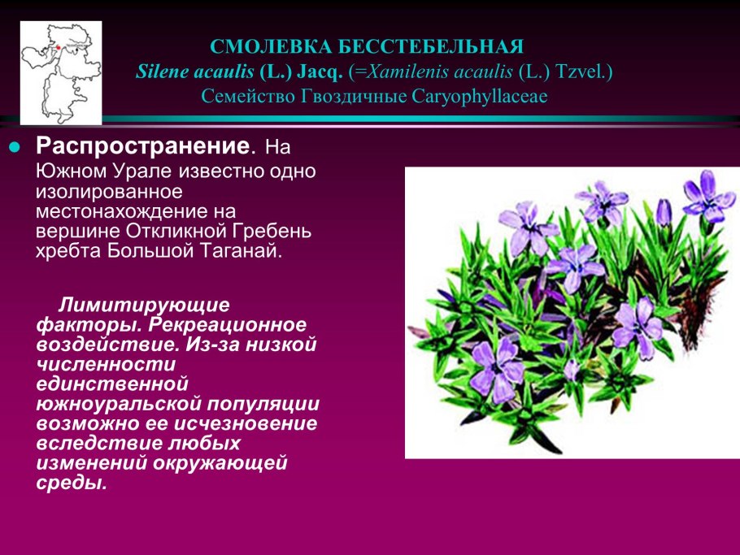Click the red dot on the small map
click(x=59, y=48)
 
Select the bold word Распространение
click(x=141, y=147)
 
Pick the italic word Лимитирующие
click(x=144, y=306)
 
